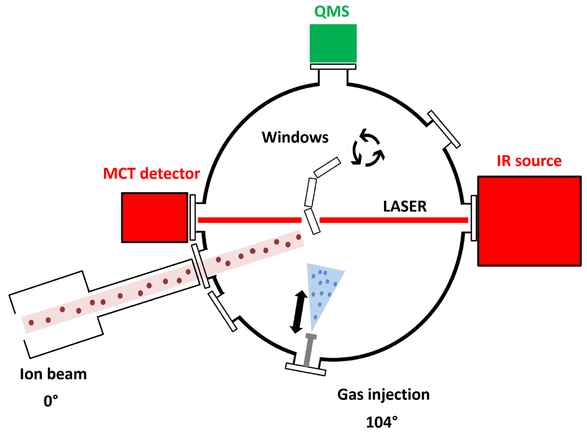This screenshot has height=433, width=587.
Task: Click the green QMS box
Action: [333, 43]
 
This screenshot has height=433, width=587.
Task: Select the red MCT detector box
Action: [155, 217]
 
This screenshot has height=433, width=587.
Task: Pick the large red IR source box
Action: [530, 221]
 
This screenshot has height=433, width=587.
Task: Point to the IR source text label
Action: [529, 161]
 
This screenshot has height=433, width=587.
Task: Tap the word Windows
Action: [295, 137]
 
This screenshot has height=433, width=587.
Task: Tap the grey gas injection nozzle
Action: [309, 350]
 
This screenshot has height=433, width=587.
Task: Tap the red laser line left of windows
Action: [249, 220]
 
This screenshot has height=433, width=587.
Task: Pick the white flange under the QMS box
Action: [333, 66]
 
